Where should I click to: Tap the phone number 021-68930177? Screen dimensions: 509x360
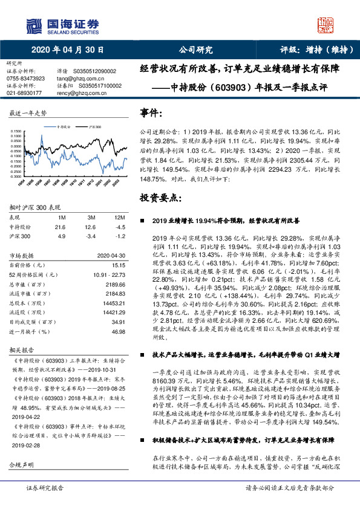[25, 93]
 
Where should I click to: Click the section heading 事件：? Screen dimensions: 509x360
[151, 113]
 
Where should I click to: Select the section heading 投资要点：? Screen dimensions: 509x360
[160, 198]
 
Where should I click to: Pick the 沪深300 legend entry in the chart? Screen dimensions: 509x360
[94, 128]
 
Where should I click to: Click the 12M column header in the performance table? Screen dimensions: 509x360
[120, 218]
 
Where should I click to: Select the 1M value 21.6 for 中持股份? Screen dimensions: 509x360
[60, 226]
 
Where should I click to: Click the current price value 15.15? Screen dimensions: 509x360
[118, 265]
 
